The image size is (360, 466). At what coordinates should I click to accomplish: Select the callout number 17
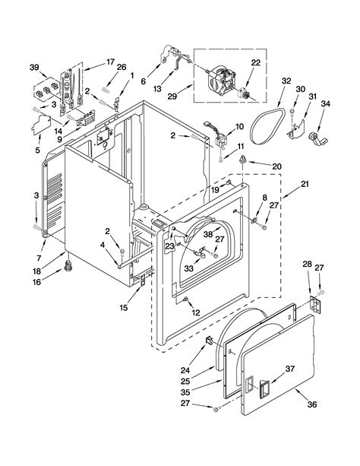click(x=109, y=62)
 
